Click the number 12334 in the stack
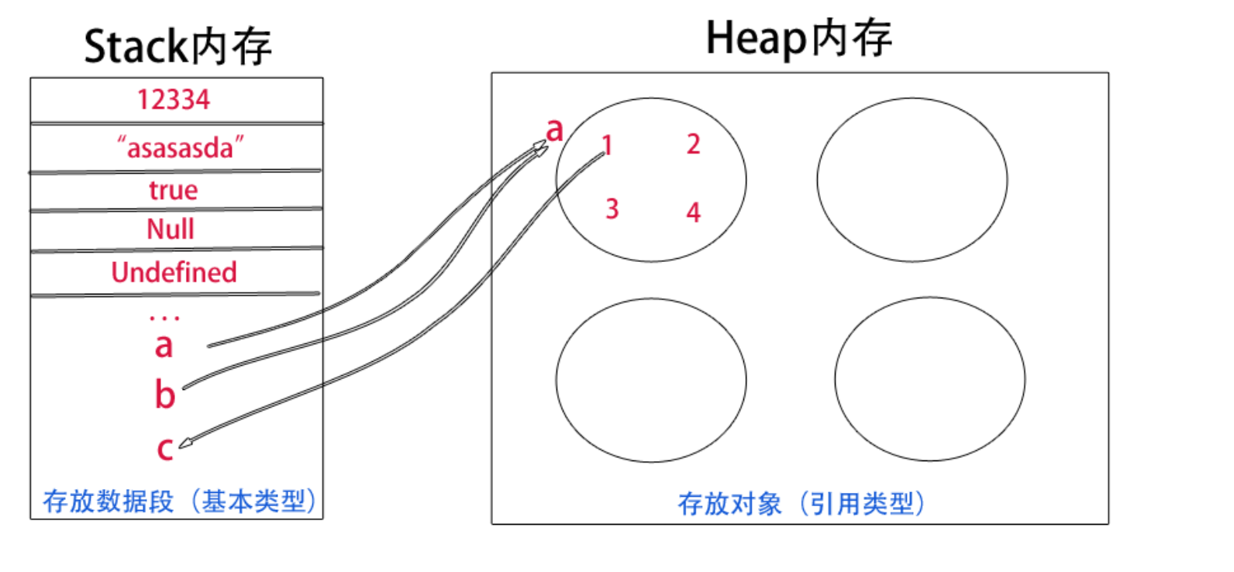pyautogui.click(x=174, y=100)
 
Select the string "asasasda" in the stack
pyautogui.click(x=180, y=147)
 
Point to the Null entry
pyautogui.click(x=171, y=229)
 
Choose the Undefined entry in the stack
pyautogui.click(x=174, y=273)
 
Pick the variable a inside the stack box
pyautogui.click(x=164, y=346)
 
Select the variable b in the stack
pyautogui.click(x=165, y=395)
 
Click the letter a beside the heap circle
pyautogui.click(x=554, y=129)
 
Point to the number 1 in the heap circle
pyautogui.click(x=608, y=145)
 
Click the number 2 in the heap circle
pyautogui.click(x=693, y=144)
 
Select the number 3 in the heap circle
pyautogui.click(x=612, y=209)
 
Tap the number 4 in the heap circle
pyautogui.click(x=693, y=212)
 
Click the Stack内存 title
pyautogui.click(x=178, y=47)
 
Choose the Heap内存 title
pyautogui.click(x=798, y=39)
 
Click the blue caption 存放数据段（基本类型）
pyautogui.click(x=180, y=501)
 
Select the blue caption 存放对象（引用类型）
pyautogui.click(x=801, y=504)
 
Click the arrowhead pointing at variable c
pyautogui.click(x=184, y=444)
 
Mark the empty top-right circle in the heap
pyautogui.click(x=912, y=180)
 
